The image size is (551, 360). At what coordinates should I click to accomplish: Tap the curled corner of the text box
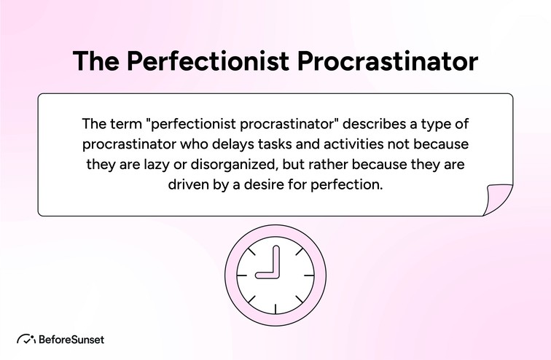499,200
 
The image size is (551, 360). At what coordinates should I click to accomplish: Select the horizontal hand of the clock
267,275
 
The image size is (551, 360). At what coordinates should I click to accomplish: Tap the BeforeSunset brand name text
71,339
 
